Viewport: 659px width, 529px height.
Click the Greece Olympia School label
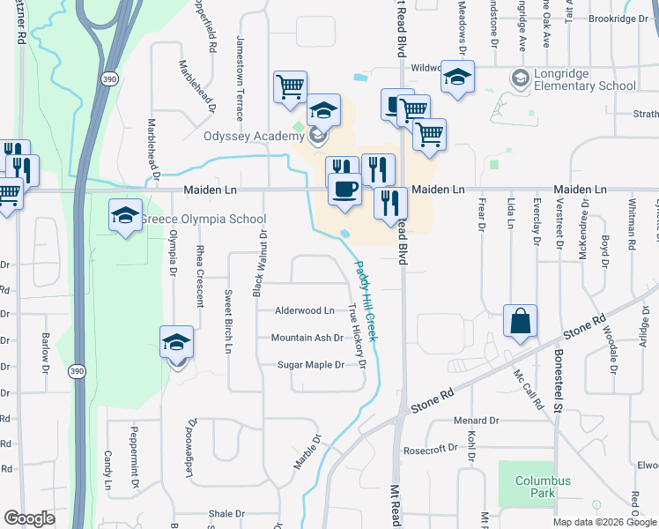205,220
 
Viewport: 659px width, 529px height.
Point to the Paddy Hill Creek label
366,300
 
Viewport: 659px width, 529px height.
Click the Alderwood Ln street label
305,310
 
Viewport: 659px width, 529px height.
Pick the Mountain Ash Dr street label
307,338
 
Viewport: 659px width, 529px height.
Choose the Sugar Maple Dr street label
310,364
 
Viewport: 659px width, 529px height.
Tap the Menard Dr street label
476,421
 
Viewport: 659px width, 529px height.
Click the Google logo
29,518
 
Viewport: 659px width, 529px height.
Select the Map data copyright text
603,522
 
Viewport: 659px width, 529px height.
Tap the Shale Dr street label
226,514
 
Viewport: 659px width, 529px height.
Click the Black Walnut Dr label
259,262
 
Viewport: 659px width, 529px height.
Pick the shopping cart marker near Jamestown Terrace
290,87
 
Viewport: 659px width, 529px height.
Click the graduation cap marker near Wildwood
457,77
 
